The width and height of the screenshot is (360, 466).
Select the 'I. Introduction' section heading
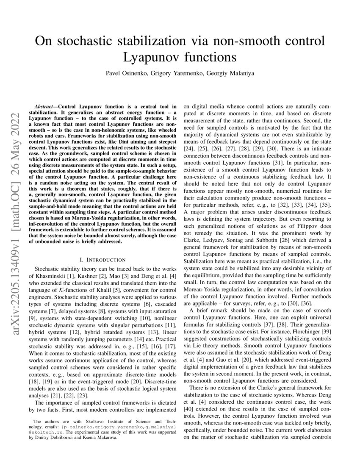102,259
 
